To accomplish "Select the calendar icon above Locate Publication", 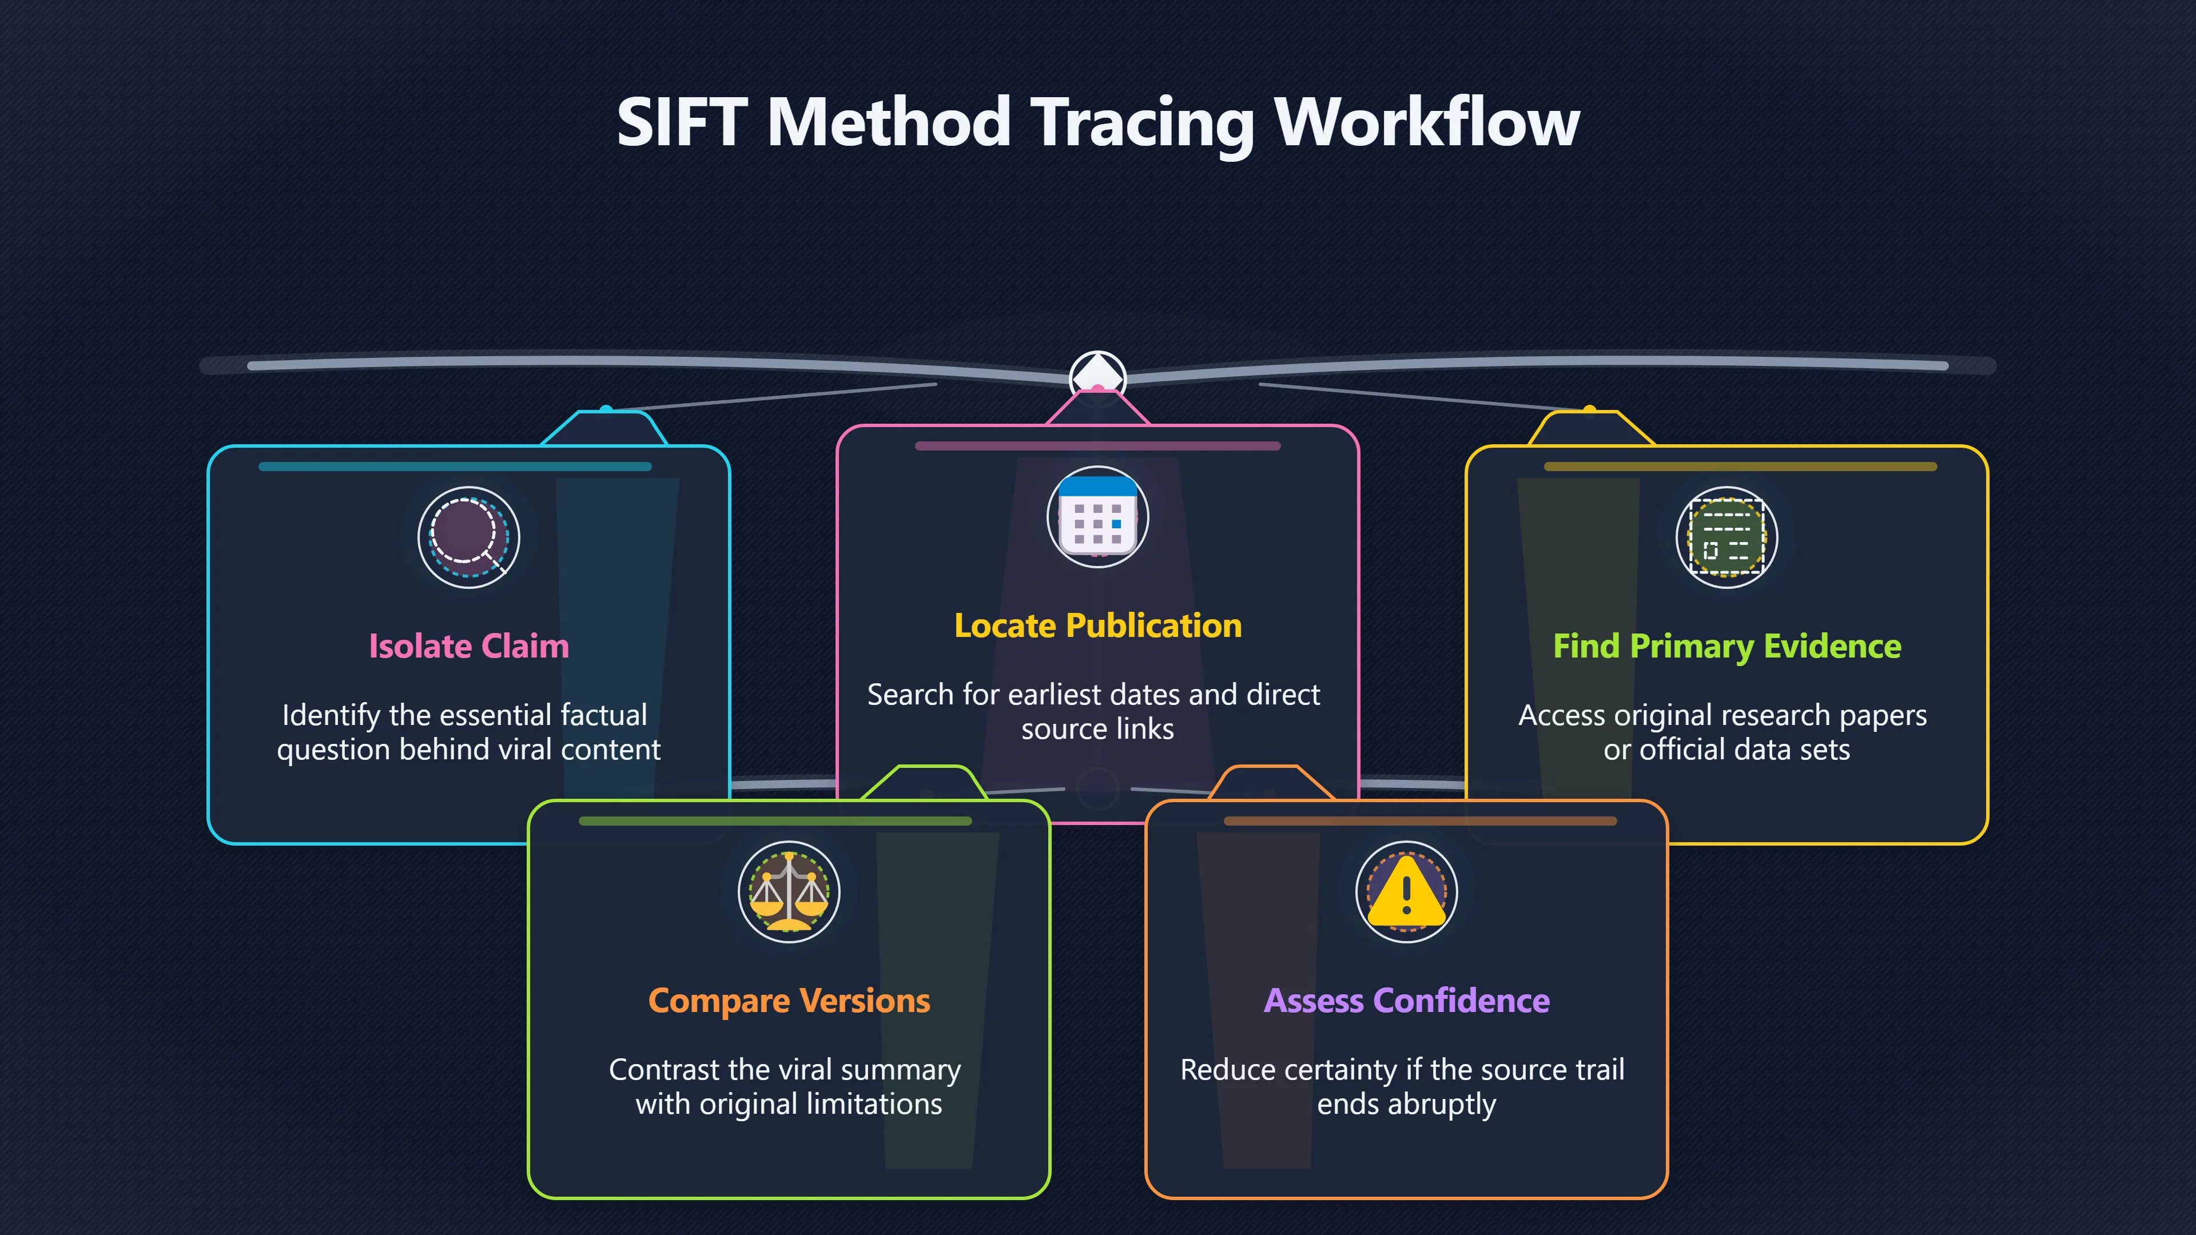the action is click(1098, 516).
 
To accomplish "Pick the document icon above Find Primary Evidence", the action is click(1727, 537).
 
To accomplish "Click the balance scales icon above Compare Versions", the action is click(789, 891).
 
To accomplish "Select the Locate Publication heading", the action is click(1098, 626).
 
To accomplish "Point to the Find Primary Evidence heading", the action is click(1727, 647).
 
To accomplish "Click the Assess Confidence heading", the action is click(1407, 1001).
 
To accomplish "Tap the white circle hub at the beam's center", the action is click(1098, 375).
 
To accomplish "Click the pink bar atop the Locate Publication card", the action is click(1098, 446).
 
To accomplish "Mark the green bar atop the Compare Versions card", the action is click(775, 821).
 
